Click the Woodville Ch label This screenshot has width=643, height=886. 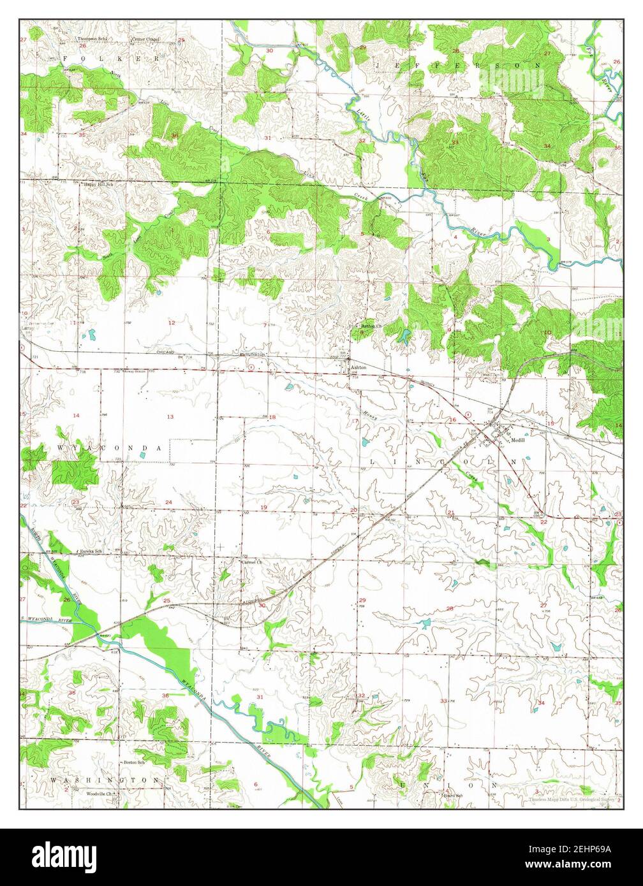coord(100,794)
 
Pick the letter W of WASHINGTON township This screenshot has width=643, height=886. coord(54,780)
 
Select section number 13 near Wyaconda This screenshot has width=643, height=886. coord(170,416)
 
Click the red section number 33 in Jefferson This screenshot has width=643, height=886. coord(455,142)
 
